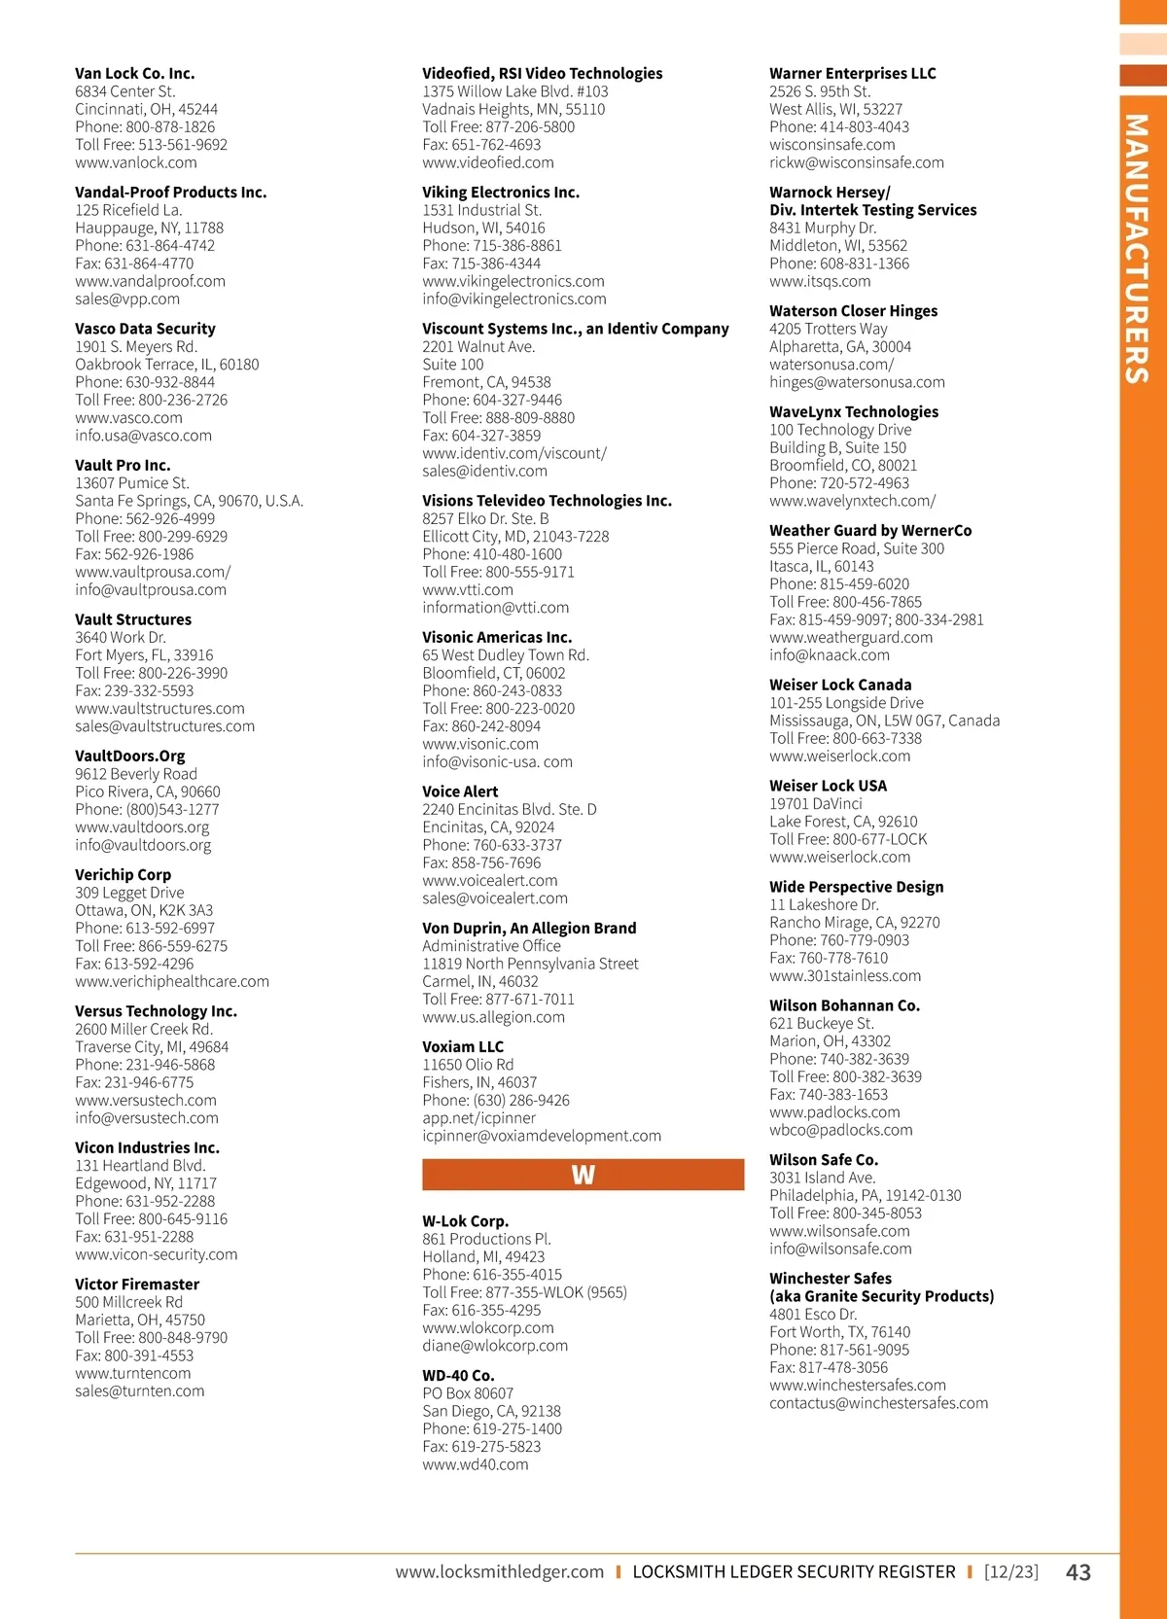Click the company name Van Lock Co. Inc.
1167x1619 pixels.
click(134, 73)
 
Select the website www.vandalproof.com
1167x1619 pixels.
click(150, 281)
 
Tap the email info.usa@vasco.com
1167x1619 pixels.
click(143, 436)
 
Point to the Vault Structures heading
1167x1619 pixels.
click(133, 619)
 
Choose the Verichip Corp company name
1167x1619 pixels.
click(123, 874)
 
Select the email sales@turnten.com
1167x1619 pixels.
click(140, 1390)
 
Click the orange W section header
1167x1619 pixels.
click(583, 1175)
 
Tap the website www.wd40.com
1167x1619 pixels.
click(476, 1464)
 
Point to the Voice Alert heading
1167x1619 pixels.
click(460, 792)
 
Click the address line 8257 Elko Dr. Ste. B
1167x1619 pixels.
click(485, 518)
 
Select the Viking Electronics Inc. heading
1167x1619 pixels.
click(501, 193)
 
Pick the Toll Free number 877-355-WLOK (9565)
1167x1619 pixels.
click(524, 1292)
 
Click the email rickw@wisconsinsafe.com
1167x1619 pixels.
click(857, 162)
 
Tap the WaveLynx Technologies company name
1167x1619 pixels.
click(854, 411)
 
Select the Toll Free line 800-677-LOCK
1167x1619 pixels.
click(848, 839)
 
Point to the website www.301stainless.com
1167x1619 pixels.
click(845, 975)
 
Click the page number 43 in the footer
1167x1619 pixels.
click(1079, 1572)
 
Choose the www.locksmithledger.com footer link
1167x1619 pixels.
click(499, 1571)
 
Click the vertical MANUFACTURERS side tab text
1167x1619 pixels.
click(1137, 249)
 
